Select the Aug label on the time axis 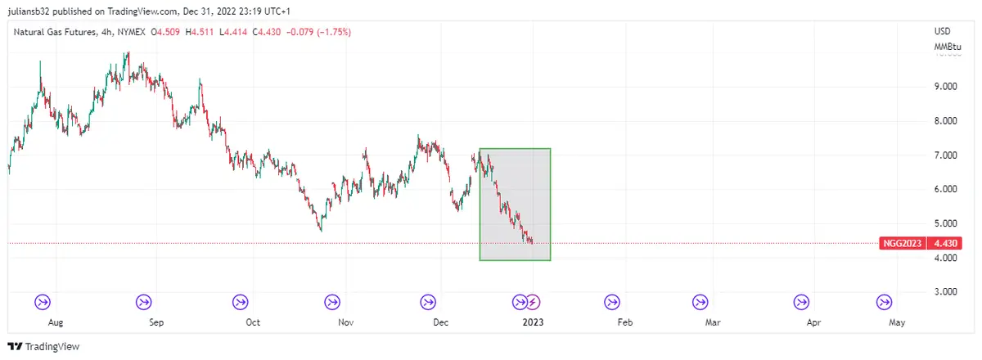[x=56, y=322]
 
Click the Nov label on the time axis [x=346, y=322]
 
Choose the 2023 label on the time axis [x=533, y=322]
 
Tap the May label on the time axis [x=897, y=322]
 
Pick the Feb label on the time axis [x=625, y=322]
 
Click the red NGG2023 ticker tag [x=903, y=243]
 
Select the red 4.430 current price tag [x=945, y=243]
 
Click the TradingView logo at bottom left [x=44, y=347]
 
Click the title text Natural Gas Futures [x=56, y=32]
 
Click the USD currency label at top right [x=942, y=31]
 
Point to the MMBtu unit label [x=947, y=47]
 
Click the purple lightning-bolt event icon [x=533, y=302]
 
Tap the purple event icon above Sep [x=144, y=302]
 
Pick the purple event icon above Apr [x=803, y=302]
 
